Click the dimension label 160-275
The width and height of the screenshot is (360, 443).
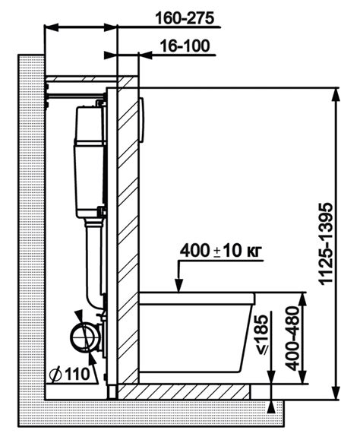[x=185, y=18]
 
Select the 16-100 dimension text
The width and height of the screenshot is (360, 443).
[x=185, y=46]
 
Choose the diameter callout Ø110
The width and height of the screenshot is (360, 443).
[x=69, y=375]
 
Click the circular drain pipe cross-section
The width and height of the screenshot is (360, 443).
[x=84, y=337]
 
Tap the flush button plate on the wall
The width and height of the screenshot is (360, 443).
[x=142, y=119]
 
